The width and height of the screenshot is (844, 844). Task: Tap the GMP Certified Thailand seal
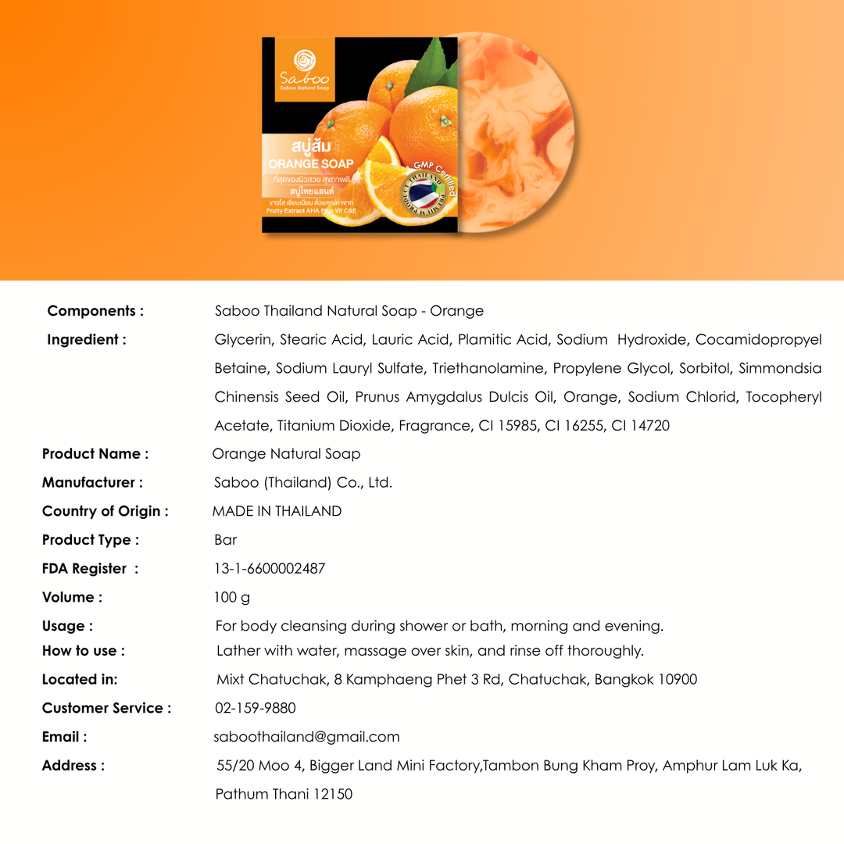pyautogui.click(x=423, y=195)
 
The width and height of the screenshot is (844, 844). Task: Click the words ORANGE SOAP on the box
pyautogui.click(x=311, y=164)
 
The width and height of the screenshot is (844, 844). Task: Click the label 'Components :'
pyautogui.click(x=95, y=311)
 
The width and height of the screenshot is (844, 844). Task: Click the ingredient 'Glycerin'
pyautogui.click(x=242, y=340)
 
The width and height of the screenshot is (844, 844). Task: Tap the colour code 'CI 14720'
pyautogui.click(x=640, y=426)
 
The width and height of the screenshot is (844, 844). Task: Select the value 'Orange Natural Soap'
pyautogui.click(x=286, y=454)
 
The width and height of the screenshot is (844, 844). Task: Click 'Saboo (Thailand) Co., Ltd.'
pyautogui.click(x=303, y=483)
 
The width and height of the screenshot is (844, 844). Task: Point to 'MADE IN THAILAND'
pyautogui.click(x=277, y=512)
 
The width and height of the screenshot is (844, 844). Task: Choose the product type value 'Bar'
pyautogui.click(x=225, y=540)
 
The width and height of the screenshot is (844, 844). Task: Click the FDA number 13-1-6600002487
pyautogui.click(x=270, y=569)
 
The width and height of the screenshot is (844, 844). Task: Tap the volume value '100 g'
pyautogui.click(x=232, y=598)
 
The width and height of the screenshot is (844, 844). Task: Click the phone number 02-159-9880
pyautogui.click(x=255, y=708)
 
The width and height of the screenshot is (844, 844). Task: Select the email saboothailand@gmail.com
pyautogui.click(x=306, y=737)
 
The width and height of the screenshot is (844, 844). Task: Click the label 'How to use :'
pyautogui.click(x=83, y=651)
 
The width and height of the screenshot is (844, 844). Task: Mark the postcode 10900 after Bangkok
pyautogui.click(x=677, y=680)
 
